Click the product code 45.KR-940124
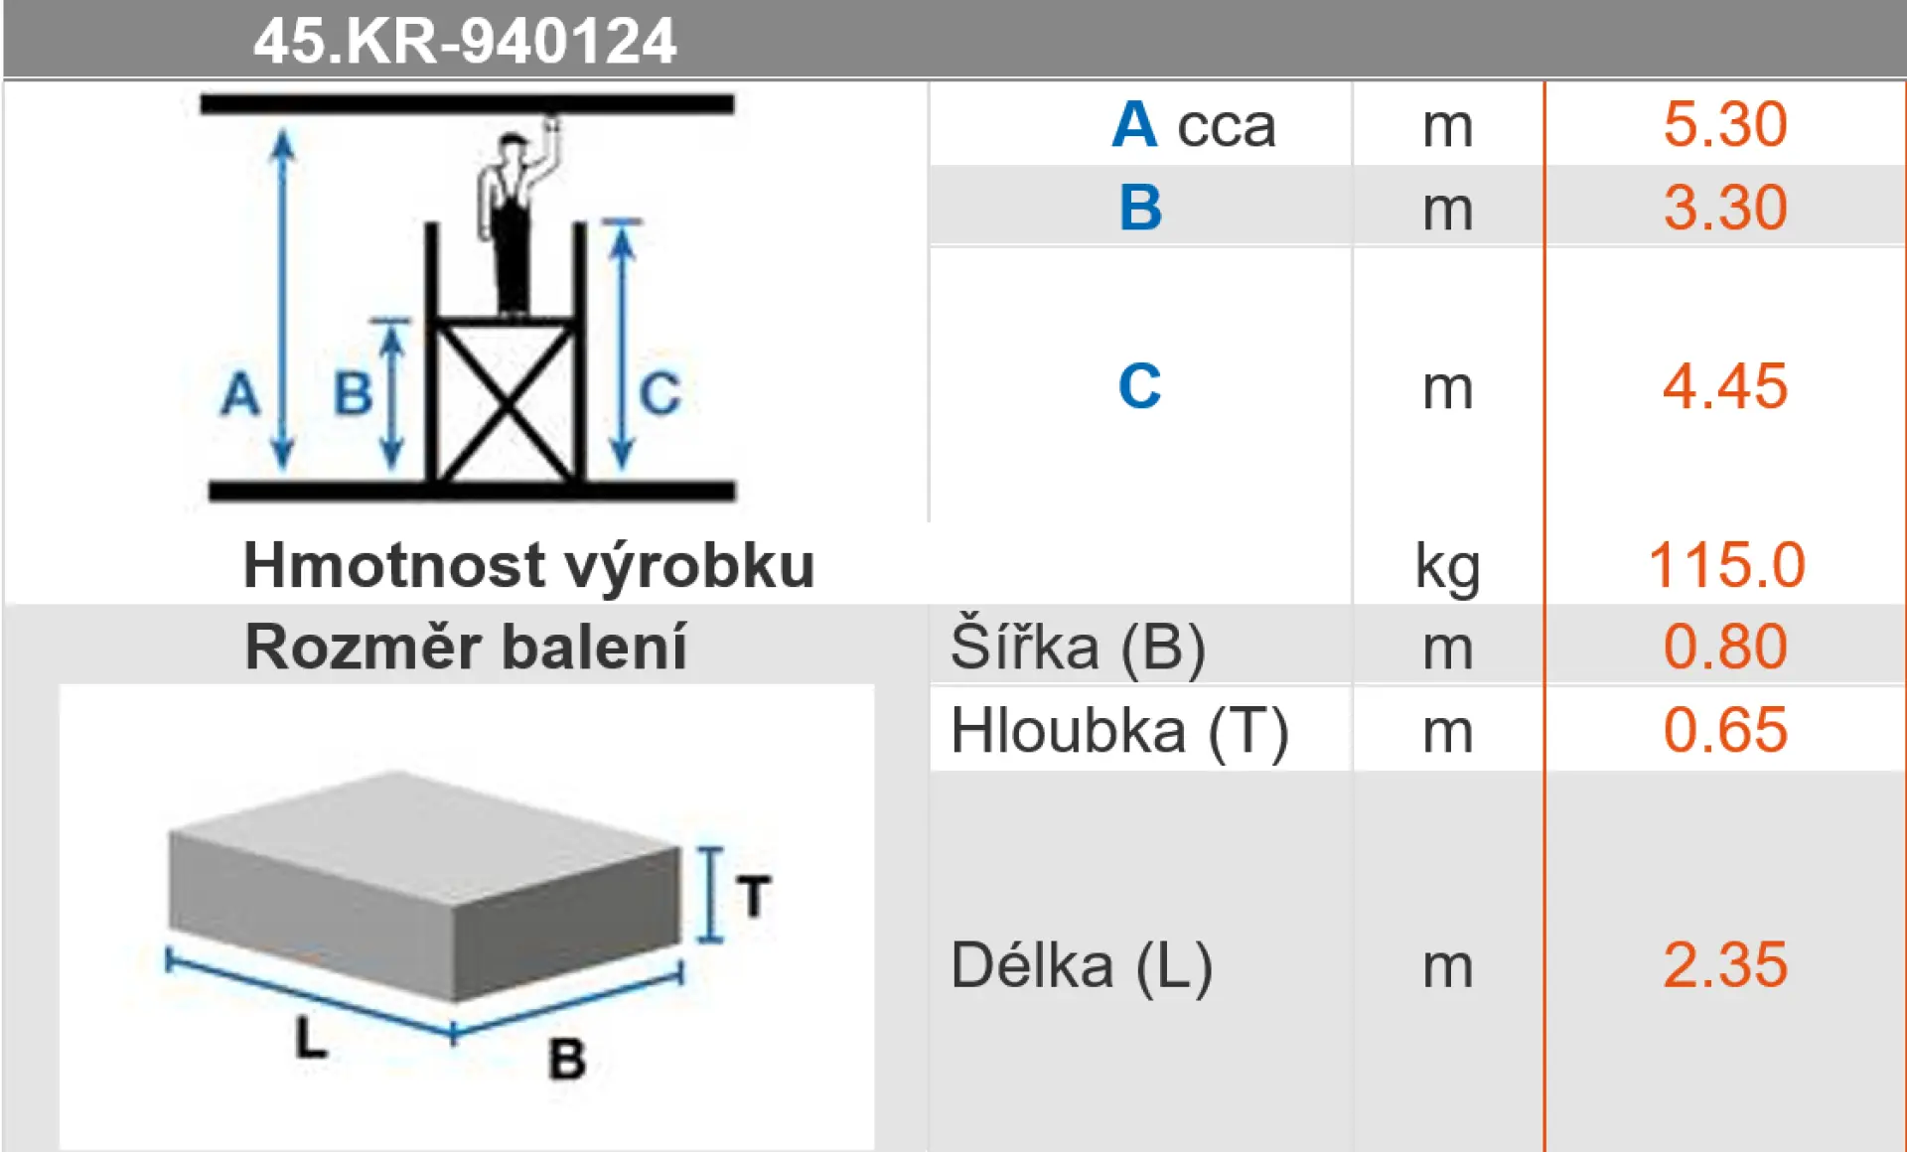pyautogui.click(x=465, y=42)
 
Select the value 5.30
pyautogui.click(x=1725, y=124)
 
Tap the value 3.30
pyautogui.click(x=1725, y=208)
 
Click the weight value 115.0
pyautogui.click(x=1726, y=565)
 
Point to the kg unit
pyautogui.click(x=1447, y=568)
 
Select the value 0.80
pyautogui.click(x=1725, y=647)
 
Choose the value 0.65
pyautogui.click(x=1725, y=730)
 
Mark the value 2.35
pyautogui.click(x=1725, y=964)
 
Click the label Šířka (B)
pyautogui.click(x=1078, y=647)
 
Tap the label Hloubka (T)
pyautogui.click(x=1119, y=732)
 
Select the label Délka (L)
pyautogui.click(x=1082, y=966)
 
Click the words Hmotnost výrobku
pyautogui.click(x=528, y=566)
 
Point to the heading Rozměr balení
pyautogui.click(x=466, y=648)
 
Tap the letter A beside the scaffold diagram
pyautogui.click(x=240, y=393)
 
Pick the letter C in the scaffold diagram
pyautogui.click(x=660, y=393)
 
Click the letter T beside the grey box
pyautogui.click(x=754, y=896)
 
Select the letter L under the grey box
pyautogui.click(x=311, y=1038)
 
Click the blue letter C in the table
pyautogui.click(x=1139, y=385)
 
